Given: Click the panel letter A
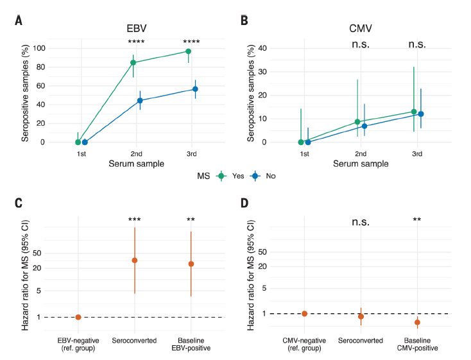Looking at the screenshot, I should (19, 21).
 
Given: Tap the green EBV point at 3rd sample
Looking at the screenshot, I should (188, 51).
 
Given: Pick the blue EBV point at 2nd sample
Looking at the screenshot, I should (139, 100).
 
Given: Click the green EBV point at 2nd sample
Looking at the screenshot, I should (133, 62).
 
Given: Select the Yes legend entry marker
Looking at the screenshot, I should (222, 175).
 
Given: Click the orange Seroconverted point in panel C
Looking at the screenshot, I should (135, 260).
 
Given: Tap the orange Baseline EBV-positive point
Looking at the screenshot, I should (191, 264).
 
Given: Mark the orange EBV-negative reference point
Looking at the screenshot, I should (78, 317).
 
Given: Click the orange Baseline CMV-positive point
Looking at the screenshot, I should (417, 322).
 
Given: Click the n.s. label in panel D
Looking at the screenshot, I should (361, 222).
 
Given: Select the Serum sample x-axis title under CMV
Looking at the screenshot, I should (360, 164).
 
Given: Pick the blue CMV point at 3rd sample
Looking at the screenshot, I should (421, 114).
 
